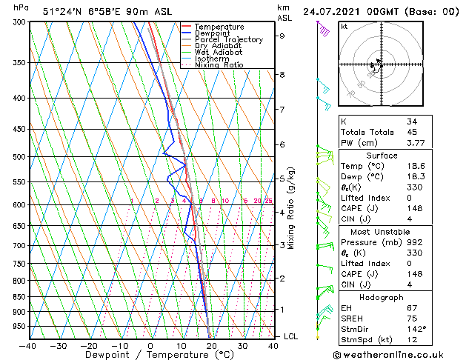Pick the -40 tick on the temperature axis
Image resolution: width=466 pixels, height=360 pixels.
pos(28,345)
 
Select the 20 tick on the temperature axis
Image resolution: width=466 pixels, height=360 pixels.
pos(211,345)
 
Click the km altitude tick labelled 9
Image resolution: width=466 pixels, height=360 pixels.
pos(282,36)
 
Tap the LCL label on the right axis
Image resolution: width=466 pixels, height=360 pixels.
pos(291,336)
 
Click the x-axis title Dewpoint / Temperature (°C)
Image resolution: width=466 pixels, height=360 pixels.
pos(150,355)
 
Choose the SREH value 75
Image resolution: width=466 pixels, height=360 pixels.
pos(412,319)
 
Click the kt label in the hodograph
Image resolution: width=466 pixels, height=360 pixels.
pos(344,27)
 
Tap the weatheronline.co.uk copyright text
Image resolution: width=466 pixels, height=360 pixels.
pos(399,354)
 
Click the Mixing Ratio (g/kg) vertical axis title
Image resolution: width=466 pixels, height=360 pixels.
pos(291,208)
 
